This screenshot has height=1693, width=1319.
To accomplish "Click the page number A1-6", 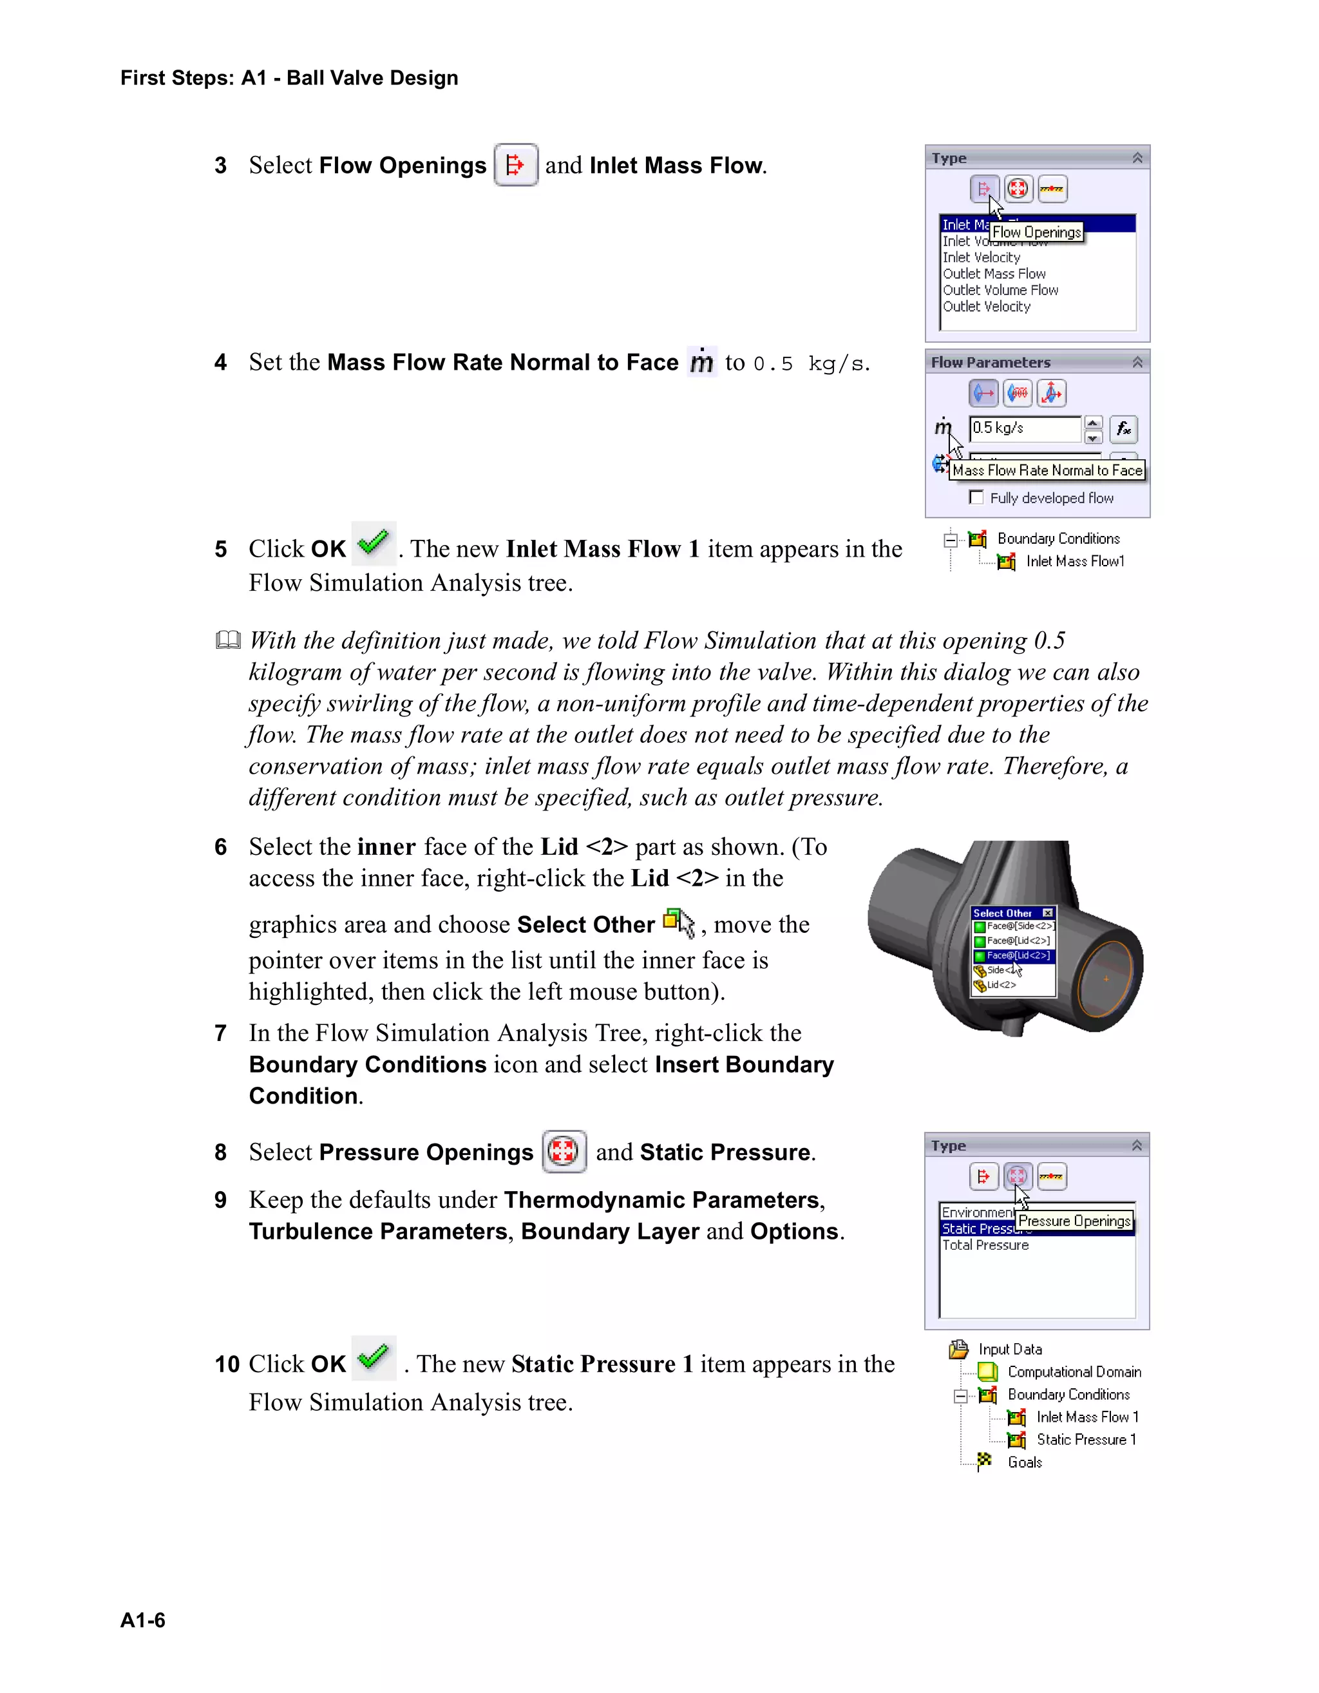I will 142,1620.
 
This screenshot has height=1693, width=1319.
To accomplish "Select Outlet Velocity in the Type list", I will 987,307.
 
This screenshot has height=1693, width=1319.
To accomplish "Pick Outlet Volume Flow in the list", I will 1000,291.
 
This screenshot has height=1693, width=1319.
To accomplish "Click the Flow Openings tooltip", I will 1036,233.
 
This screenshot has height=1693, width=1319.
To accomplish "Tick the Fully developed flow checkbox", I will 976,498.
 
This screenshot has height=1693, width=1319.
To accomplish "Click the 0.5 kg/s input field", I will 1025,428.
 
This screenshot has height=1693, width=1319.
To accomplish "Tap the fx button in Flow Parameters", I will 1123,428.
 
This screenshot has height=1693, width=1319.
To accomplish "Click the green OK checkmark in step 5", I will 374,544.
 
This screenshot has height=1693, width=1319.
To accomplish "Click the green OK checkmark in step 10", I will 374,1357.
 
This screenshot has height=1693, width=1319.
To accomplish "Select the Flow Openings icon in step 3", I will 515,165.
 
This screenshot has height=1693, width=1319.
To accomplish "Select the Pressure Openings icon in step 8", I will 564,1151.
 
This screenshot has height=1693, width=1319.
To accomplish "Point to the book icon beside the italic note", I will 228,640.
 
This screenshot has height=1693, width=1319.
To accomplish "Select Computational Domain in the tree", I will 1074,1372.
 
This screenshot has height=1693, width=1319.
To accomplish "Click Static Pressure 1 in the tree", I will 1086,1440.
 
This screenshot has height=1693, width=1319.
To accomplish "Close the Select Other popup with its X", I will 1048,913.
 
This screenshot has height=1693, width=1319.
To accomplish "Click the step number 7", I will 221,1033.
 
